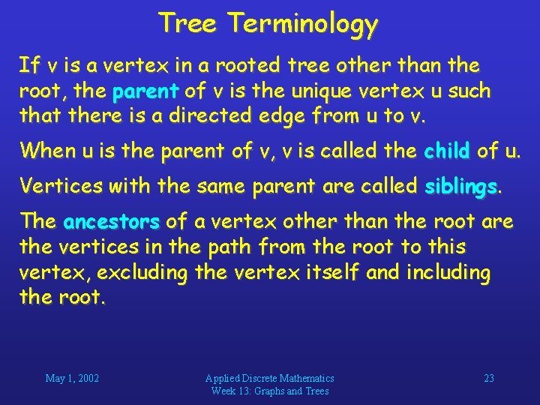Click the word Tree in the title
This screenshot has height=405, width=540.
[188, 24]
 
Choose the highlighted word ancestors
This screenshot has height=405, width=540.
[112, 222]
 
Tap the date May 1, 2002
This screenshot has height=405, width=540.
[72, 378]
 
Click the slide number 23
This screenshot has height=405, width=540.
[488, 378]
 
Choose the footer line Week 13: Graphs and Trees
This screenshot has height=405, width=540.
[270, 391]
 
